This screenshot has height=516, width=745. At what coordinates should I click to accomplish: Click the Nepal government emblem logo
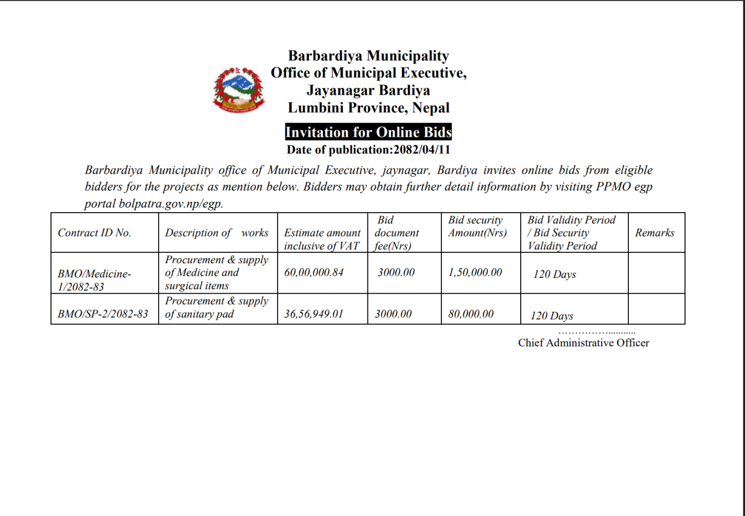click(239, 90)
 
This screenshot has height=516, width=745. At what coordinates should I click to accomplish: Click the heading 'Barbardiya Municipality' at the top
click(368, 56)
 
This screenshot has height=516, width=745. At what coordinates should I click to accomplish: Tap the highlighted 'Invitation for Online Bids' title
click(368, 132)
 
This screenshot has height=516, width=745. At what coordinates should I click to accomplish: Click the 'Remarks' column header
click(655, 233)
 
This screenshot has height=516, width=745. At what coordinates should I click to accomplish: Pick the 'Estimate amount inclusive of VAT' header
click(322, 239)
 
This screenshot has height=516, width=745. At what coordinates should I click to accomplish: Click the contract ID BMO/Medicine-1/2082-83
click(91, 280)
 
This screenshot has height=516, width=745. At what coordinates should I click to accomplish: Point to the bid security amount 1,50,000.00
click(475, 273)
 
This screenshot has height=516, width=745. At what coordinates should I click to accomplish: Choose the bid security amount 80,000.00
click(471, 314)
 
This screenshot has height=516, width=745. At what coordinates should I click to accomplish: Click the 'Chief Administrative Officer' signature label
click(584, 342)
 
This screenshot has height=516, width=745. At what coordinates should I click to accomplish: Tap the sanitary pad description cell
click(216, 308)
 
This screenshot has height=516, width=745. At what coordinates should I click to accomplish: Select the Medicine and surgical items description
click(216, 272)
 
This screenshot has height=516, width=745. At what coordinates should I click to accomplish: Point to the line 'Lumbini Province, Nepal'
click(368, 108)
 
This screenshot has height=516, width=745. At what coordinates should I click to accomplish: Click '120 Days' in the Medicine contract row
click(554, 275)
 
